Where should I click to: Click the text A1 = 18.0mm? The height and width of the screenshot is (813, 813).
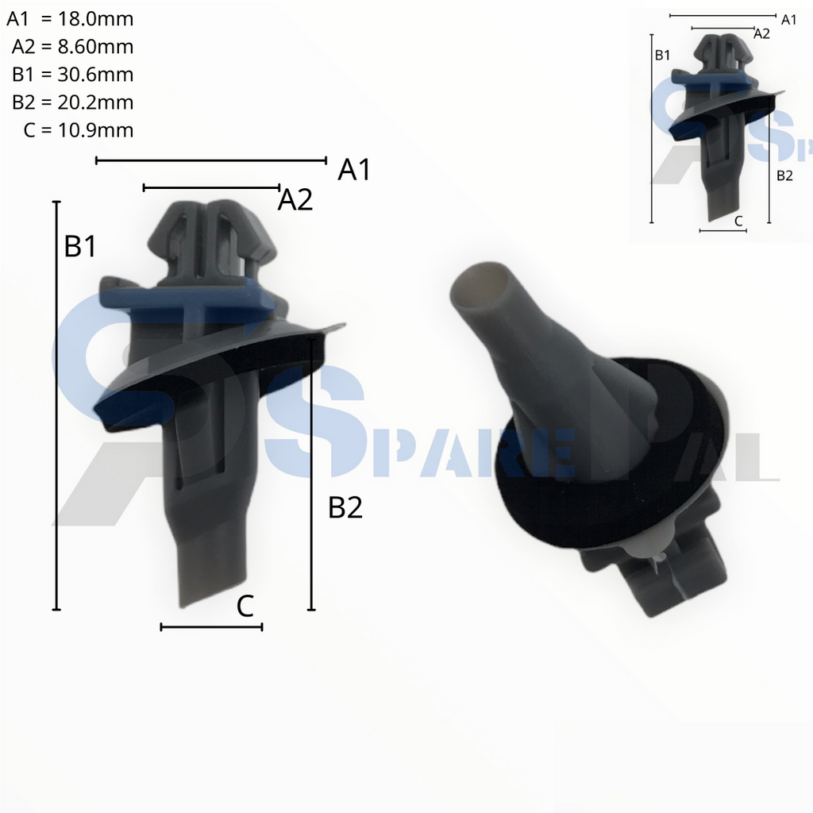coord(70,18)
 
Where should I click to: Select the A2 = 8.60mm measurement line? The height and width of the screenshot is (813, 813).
coord(72,47)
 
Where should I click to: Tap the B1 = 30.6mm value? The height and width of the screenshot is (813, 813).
coord(72,75)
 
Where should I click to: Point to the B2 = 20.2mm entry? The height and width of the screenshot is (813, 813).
coord(72,102)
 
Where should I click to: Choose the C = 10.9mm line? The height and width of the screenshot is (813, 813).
coord(78,130)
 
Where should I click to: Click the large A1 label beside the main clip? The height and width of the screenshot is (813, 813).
coord(354,170)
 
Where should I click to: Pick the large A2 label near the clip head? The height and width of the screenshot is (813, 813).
coord(295,201)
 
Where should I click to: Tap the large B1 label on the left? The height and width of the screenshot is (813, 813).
coord(80,247)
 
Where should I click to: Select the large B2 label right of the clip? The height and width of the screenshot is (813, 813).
coord(345,508)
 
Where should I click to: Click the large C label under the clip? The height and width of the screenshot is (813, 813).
coord(245,607)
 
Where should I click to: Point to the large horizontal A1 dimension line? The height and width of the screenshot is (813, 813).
coord(210,160)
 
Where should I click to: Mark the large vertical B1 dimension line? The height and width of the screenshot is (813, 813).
coord(56,405)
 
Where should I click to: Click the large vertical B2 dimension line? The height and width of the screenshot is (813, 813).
coord(311,473)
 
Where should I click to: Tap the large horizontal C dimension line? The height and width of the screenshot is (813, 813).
coord(211,627)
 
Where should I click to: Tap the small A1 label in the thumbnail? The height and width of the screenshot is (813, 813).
coord(789,20)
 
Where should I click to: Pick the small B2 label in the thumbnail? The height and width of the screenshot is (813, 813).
coord(784,175)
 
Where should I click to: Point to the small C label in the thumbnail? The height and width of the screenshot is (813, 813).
coord(738,221)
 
